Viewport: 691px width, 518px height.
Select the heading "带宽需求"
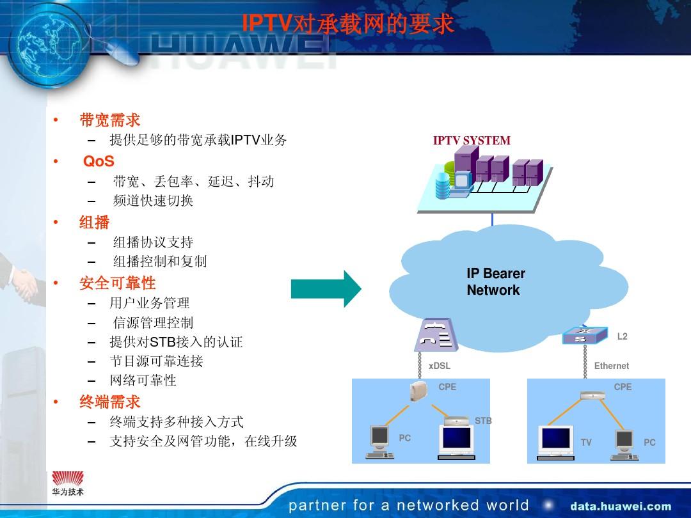[x=109, y=120]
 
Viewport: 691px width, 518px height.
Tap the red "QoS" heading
[x=99, y=162]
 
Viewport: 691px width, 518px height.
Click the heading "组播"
[x=95, y=223]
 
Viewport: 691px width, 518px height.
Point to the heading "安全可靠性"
[x=117, y=283]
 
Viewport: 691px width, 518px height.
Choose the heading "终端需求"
[x=109, y=402]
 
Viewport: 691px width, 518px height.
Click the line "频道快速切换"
[x=153, y=201]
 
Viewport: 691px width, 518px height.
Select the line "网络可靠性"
[x=143, y=381]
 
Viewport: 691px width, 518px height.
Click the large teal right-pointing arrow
[x=326, y=289]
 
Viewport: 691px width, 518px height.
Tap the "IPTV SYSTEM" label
[x=472, y=141]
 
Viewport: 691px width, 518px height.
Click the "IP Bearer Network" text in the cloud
[x=495, y=282]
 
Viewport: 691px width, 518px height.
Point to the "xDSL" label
[x=440, y=366]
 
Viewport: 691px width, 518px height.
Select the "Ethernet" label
[x=611, y=366]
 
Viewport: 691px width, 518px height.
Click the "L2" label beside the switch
[x=622, y=336]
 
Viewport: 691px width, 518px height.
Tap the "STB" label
[x=483, y=421]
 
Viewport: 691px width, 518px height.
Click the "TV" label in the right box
[x=586, y=443]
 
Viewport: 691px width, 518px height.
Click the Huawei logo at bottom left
[x=68, y=483]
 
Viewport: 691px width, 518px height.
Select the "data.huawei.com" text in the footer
[x=621, y=506]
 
